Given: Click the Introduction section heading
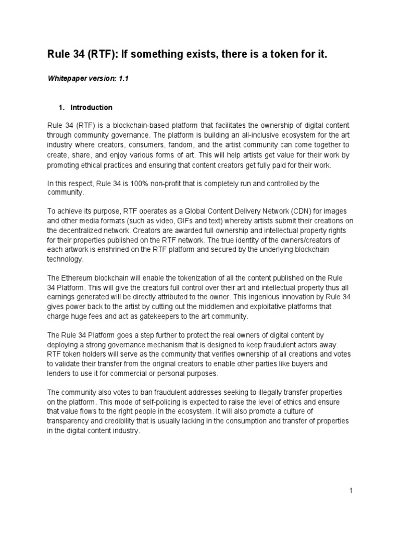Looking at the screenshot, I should tap(91, 107).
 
